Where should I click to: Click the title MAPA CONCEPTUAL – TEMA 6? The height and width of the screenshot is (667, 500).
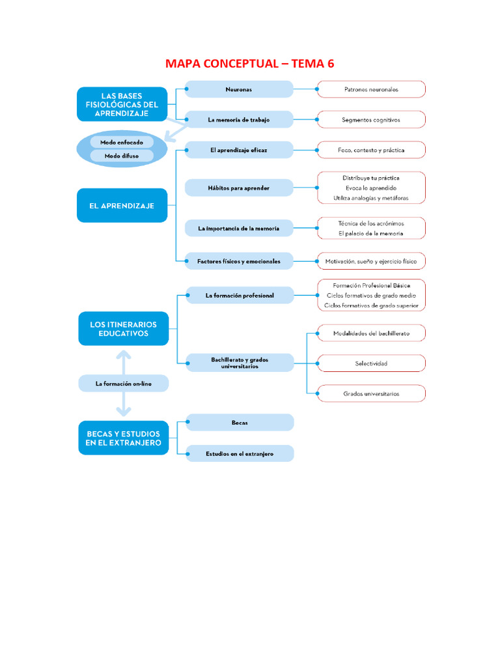coord(250,63)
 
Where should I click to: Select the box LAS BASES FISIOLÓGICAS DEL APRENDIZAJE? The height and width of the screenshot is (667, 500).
coord(122,104)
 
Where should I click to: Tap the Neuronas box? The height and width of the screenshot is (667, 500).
coord(239,89)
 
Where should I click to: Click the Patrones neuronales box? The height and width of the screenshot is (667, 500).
coord(370,89)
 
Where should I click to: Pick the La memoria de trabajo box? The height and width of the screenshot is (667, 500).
coord(239,120)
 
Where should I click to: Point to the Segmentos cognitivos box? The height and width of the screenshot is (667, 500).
coord(370,120)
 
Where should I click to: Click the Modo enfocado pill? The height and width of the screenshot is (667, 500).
coord(122,141)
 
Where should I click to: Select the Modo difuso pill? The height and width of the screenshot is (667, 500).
coord(122,156)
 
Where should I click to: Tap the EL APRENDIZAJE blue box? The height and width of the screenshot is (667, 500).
coord(122,205)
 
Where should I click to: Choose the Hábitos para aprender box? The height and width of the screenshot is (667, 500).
coord(239,188)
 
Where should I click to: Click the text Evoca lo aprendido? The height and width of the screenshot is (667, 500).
coord(370,188)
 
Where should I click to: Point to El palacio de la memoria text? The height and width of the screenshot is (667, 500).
coord(370,233)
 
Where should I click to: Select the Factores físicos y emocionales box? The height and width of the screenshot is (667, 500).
coord(239,261)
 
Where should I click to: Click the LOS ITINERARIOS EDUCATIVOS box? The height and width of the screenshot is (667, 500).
coord(123,328)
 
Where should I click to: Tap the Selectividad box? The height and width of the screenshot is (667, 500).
coord(370,363)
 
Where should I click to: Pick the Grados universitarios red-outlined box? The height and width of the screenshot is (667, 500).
coord(370,393)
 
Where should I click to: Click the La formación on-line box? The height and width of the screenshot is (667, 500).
coord(123,384)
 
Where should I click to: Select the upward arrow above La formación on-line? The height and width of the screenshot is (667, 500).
coord(123,359)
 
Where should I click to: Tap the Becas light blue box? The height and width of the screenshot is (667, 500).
coord(240,423)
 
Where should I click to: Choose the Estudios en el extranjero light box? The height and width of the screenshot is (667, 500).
coord(240,453)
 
